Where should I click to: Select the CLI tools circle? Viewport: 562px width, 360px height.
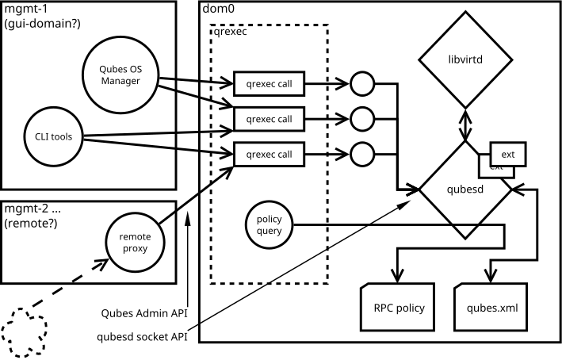click(x=54, y=136)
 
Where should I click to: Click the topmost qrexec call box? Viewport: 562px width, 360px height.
click(x=270, y=83)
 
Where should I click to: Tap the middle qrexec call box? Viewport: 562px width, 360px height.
click(x=270, y=119)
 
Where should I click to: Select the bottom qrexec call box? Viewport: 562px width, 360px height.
click(x=270, y=153)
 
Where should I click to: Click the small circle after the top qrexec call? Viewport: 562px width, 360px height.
click(x=361, y=83)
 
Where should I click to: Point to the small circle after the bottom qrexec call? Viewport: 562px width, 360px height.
click(x=361, y=153)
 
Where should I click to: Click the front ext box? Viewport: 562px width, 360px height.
click(x=508, y=155)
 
